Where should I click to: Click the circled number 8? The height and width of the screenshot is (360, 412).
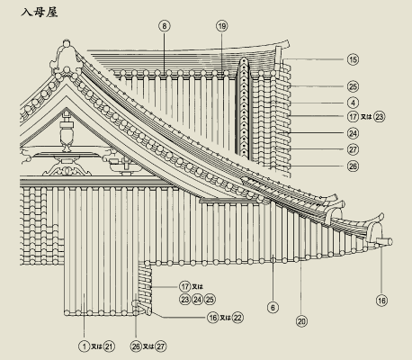click(165, 26)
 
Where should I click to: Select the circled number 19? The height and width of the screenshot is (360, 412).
click(221, 26)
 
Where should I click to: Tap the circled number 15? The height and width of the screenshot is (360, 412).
click(354, 59)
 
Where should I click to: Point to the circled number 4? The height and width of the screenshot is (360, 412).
click(354, 103)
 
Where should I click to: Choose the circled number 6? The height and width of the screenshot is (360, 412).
click(273, 307)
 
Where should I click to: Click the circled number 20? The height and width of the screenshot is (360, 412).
click(301, 321)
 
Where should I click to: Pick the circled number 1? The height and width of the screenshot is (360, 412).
click(85, 346)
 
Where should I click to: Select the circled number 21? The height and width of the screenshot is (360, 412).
click(109, 346)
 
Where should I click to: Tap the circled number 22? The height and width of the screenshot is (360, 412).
click(237, 318)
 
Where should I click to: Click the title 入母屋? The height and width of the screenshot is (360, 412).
click(40, 13)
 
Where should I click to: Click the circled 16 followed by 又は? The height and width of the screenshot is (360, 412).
click(213, 318)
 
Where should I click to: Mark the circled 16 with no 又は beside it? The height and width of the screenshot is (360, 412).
click(381, 301)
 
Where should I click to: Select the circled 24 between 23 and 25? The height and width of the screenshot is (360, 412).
click(197, 300)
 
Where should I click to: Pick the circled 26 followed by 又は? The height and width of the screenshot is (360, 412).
click(136, 346)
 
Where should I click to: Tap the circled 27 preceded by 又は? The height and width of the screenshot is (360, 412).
click(161, 346)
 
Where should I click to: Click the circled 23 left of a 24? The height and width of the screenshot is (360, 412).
click(185, 300)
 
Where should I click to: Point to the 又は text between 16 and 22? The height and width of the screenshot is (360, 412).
click(225, 318)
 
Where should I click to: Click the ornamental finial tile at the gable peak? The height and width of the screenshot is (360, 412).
click(67, 57)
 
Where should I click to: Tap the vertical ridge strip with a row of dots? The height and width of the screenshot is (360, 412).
click(245, 106)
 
